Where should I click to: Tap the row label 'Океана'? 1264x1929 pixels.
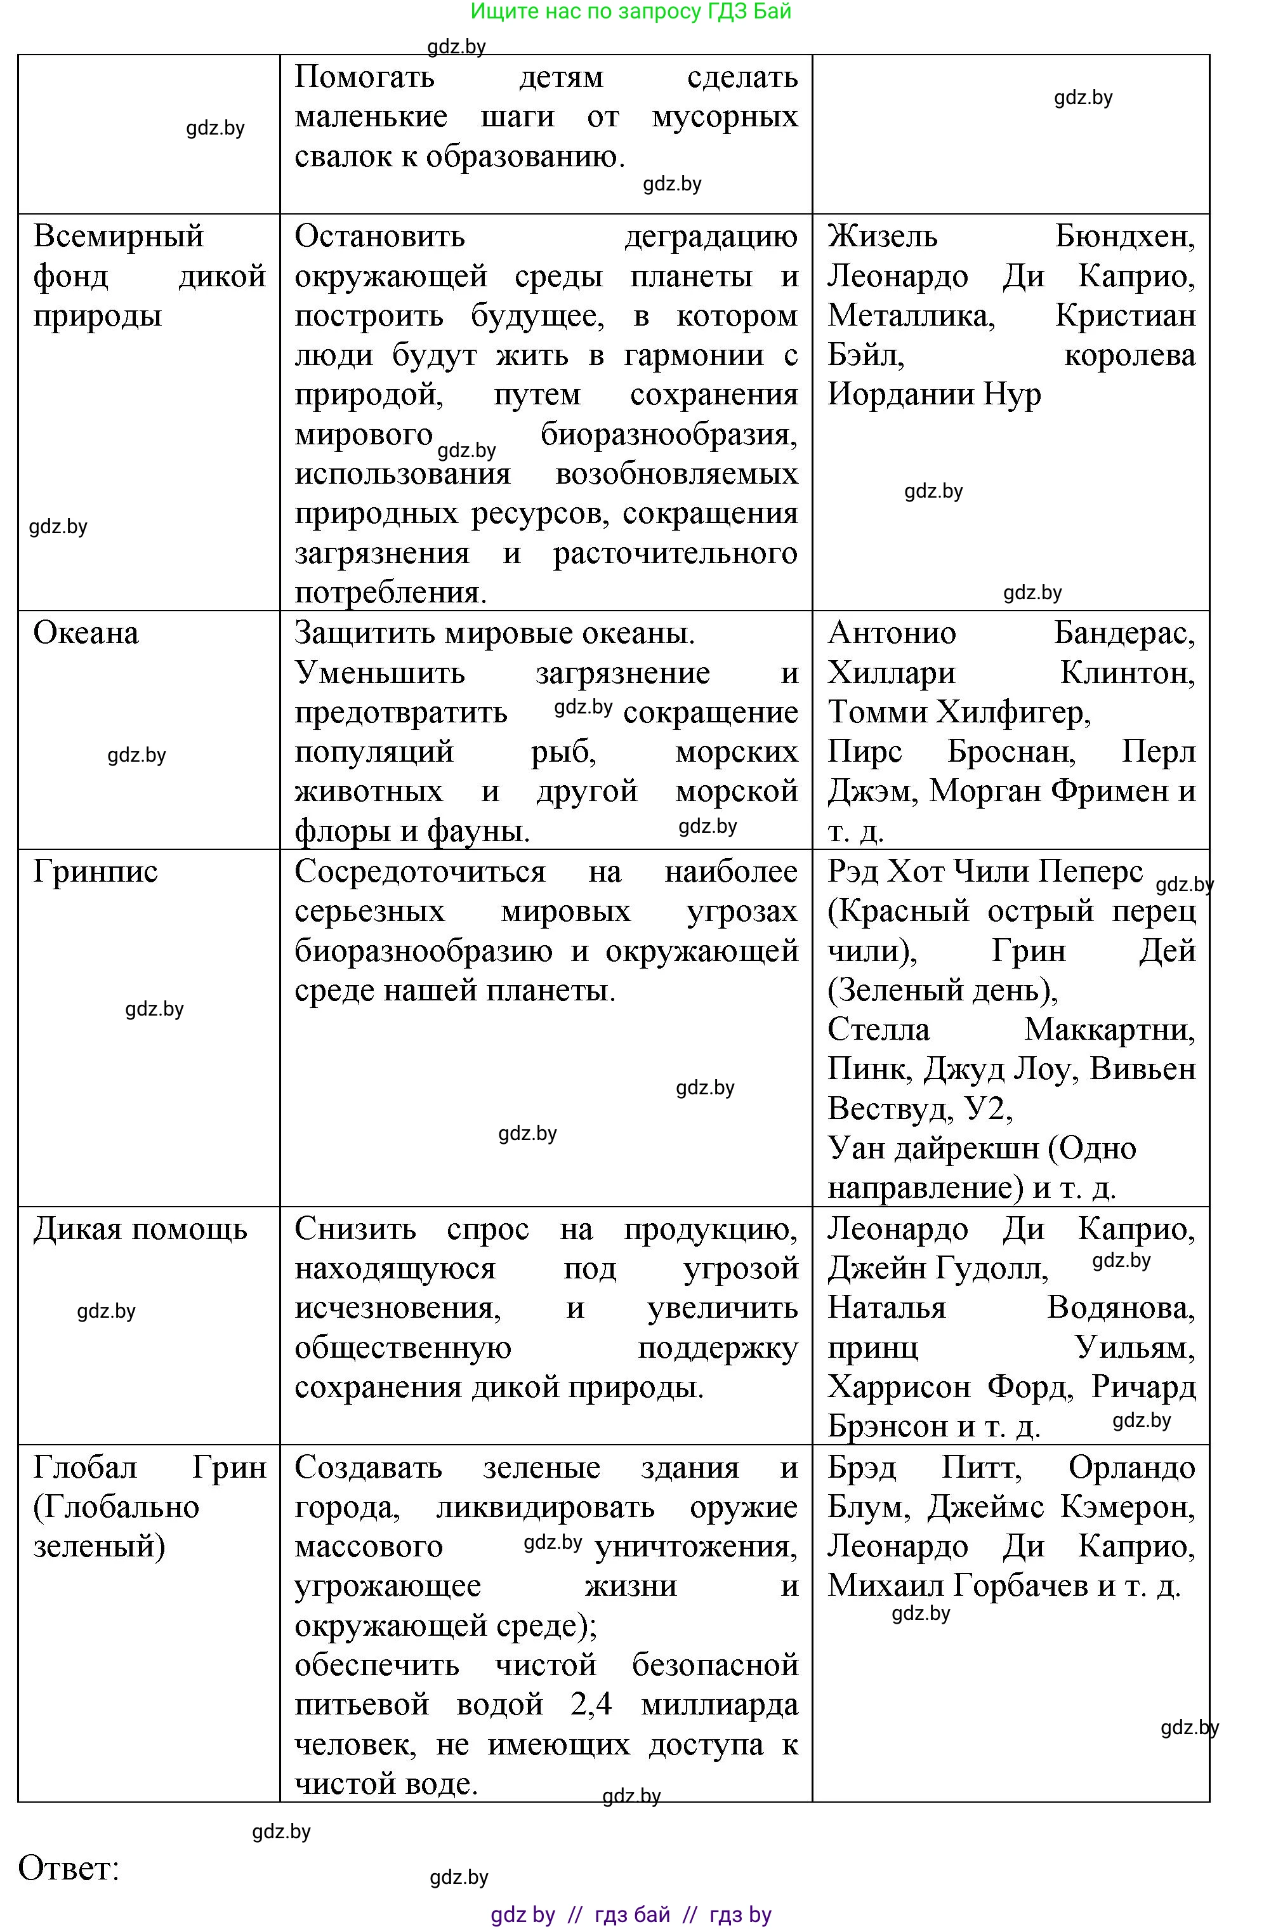point(86,633)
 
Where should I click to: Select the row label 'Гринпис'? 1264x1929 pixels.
point(96,872)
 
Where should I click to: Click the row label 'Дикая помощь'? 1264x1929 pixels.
point(140,1230)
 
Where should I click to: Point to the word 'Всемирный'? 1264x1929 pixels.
point(118,237)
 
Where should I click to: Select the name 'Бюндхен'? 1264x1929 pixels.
point(1124,237)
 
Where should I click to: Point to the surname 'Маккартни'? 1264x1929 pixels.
point(1109,1030)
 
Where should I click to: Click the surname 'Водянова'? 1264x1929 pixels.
point(1120,1308)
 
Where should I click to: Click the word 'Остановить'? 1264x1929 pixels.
point(379,237)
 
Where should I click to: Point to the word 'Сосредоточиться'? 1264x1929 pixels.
point(419,872)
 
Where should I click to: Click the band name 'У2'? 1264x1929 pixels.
point(988,1109)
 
